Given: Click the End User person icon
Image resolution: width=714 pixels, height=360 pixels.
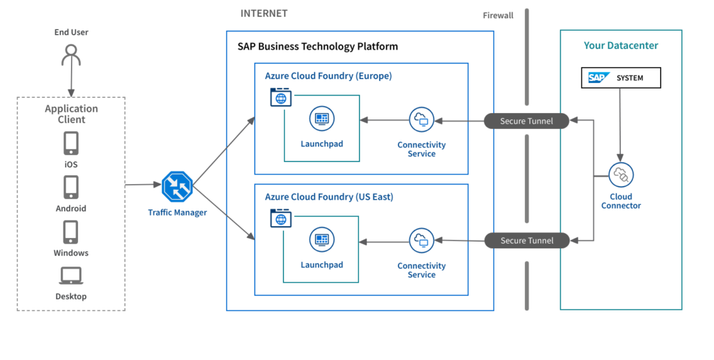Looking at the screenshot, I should click(71, 55).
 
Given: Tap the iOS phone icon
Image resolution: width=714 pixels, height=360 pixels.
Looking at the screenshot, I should click(71, 143).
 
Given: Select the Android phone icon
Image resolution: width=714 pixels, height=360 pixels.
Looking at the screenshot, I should click(71, 187).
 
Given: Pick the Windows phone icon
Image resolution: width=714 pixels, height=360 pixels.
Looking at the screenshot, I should click(71, 232).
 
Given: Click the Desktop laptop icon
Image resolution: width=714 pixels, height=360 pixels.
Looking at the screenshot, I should click(71, 276).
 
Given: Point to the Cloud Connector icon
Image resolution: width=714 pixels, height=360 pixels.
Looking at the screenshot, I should click(620, 175).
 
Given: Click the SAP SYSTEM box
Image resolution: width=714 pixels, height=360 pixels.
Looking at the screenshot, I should click(621, 78).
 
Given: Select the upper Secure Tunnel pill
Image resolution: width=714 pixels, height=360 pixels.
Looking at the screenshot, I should click(526, 121).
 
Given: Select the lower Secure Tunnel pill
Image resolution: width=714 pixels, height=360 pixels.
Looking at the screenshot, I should click(526, 241).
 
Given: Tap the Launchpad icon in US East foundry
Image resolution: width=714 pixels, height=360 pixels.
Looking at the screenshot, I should click(321, 239).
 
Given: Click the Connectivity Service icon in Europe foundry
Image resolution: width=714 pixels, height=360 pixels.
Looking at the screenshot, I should click(421, 120).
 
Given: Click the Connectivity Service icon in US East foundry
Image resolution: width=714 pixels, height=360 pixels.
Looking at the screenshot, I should click(421, 241).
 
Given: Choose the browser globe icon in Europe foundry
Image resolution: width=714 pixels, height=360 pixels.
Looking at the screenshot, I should click(280, 98).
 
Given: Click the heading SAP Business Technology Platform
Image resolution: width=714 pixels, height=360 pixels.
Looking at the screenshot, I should click(318, 47).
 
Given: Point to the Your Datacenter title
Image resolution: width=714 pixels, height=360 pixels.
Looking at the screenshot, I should click(621, 46).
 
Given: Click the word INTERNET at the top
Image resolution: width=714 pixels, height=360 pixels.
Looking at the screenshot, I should click(264, 14).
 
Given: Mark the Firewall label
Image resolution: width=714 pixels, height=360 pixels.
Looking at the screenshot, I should click(498, 15).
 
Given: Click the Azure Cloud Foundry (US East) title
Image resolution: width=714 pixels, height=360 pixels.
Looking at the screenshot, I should click(329, 197).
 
